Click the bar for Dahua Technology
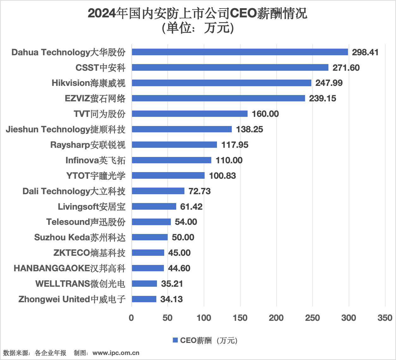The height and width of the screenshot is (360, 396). click(x=240, y=52)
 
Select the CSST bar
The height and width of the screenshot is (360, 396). click(x=230, y=68)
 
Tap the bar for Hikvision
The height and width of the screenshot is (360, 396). click(x=221, y=83)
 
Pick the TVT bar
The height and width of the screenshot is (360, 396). click(x=189, y=114)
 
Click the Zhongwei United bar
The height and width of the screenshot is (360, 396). click(x=144, y=299)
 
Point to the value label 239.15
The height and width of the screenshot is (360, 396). click(x=322, y=99)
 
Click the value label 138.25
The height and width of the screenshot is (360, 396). click(x=249, y=129)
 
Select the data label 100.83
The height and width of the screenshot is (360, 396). click(x=222, y=176)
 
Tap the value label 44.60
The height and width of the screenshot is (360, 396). click(x=179, y=268)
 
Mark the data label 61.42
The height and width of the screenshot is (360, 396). click(x=191, y=207)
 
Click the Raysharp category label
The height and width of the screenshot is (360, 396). click(x=88, y=145)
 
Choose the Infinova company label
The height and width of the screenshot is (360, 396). click(x=95, y=160)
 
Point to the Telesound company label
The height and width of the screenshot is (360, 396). click(x=86, y=222)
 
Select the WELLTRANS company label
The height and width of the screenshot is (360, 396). click(x=80, y=284)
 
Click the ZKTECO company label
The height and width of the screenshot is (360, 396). click(x=89, y=253)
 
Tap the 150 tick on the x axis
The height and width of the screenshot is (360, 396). click(x=240, y=318)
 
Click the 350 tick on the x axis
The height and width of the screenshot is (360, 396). click(x=385, y=318)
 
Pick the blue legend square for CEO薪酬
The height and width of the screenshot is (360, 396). click(x=175, y=340)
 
